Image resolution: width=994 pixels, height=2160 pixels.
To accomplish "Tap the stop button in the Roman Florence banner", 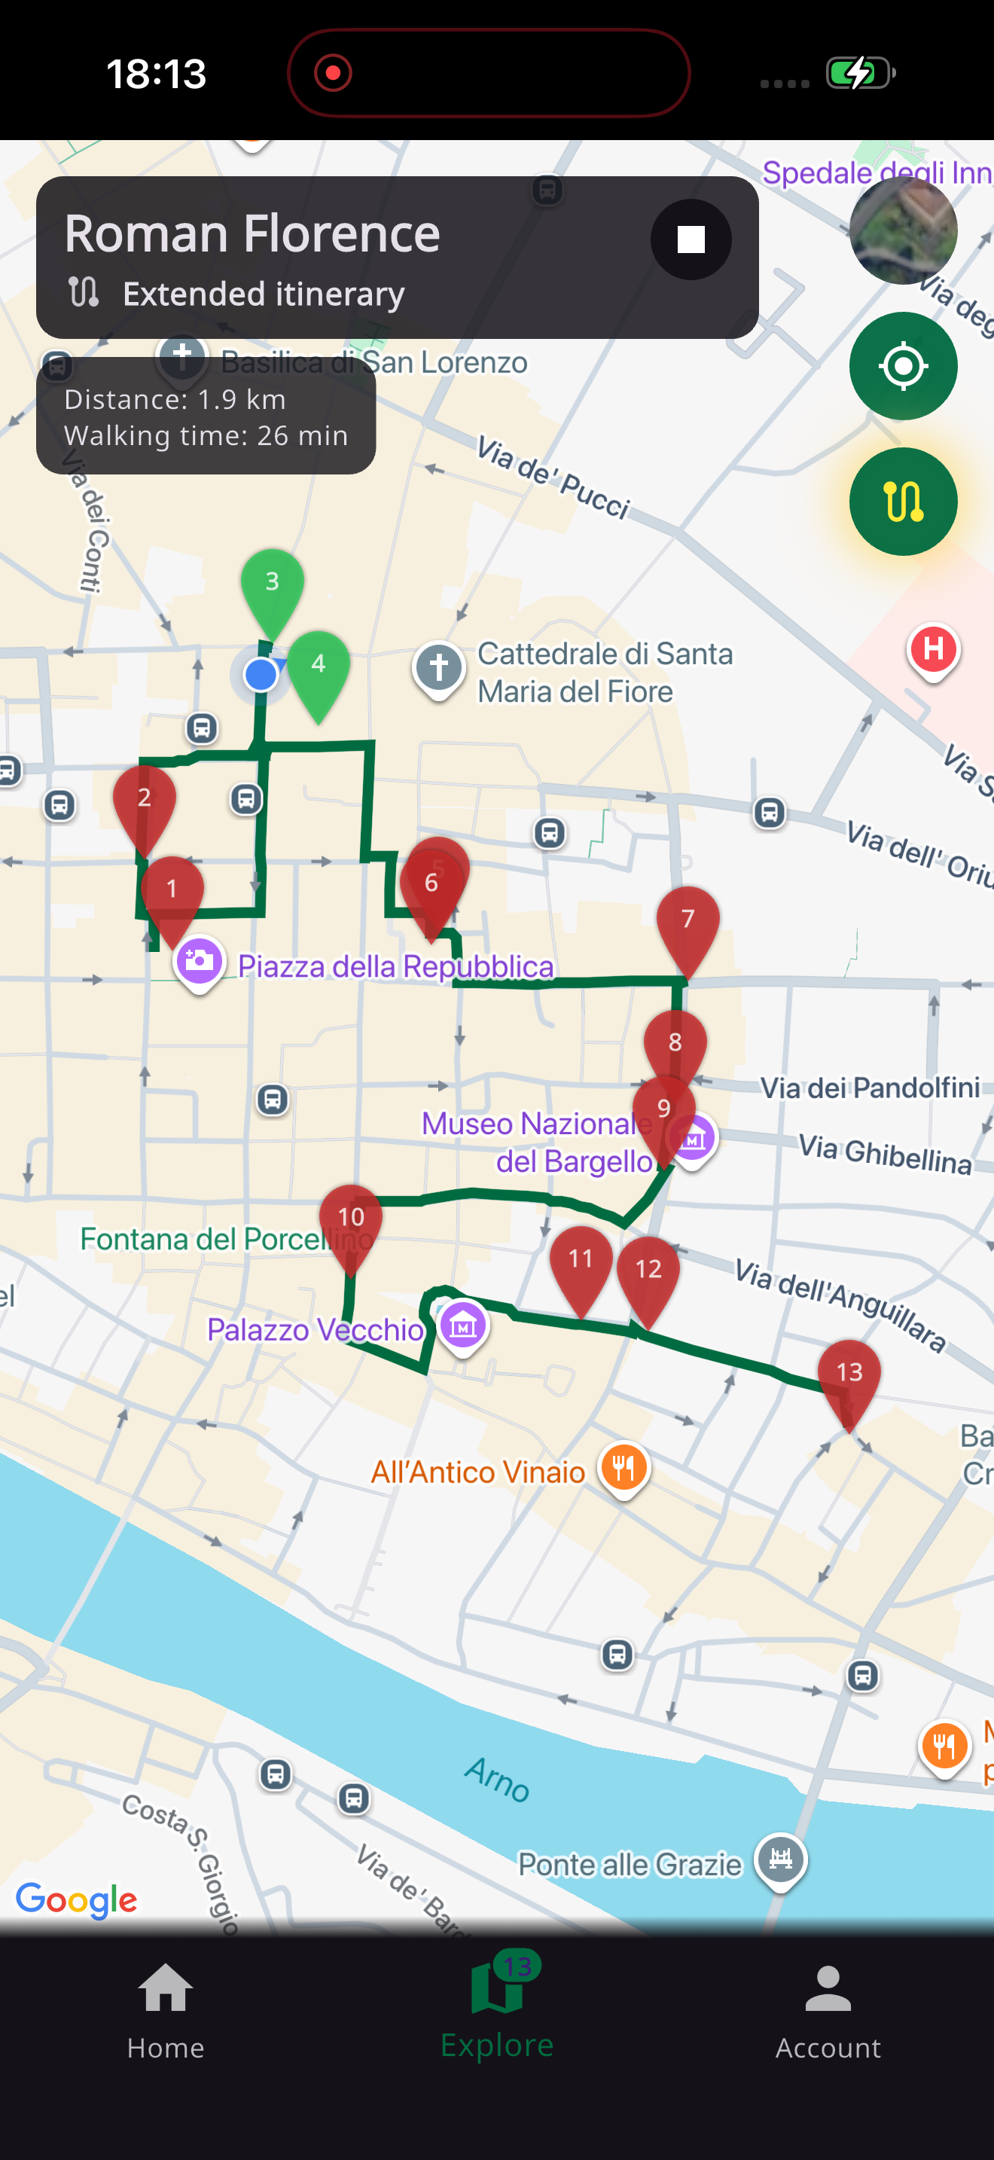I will tap(691, 239).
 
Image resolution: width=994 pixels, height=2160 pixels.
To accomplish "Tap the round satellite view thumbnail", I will tap(903, 230).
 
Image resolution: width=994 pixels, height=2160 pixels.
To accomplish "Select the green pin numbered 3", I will tap(273, 585).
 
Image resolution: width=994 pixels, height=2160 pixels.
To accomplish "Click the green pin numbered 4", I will tap(319, 667).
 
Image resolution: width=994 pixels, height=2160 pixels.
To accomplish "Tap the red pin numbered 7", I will tap(688, 923).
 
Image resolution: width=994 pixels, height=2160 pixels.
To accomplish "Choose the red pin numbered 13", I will tap(849, 1375).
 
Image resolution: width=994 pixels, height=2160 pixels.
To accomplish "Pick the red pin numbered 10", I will tap(351, 1220).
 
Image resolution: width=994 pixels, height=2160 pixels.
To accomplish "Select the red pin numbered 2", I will tap(144, 801).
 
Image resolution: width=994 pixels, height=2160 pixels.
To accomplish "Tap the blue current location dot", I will tap(261, 674).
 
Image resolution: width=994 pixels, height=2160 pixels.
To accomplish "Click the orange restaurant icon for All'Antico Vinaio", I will tap(624, 1467).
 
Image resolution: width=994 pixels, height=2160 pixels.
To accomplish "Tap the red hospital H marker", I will tap(933, 650).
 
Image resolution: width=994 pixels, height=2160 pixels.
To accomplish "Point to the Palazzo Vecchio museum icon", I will tap(462, 1326).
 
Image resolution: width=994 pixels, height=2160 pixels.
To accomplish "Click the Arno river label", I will tap(498, 1778).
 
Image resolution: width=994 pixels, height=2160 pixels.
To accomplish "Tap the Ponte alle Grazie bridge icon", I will tap(780, 1859).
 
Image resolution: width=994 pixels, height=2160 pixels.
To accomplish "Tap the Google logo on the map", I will tap(76, 1899).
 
